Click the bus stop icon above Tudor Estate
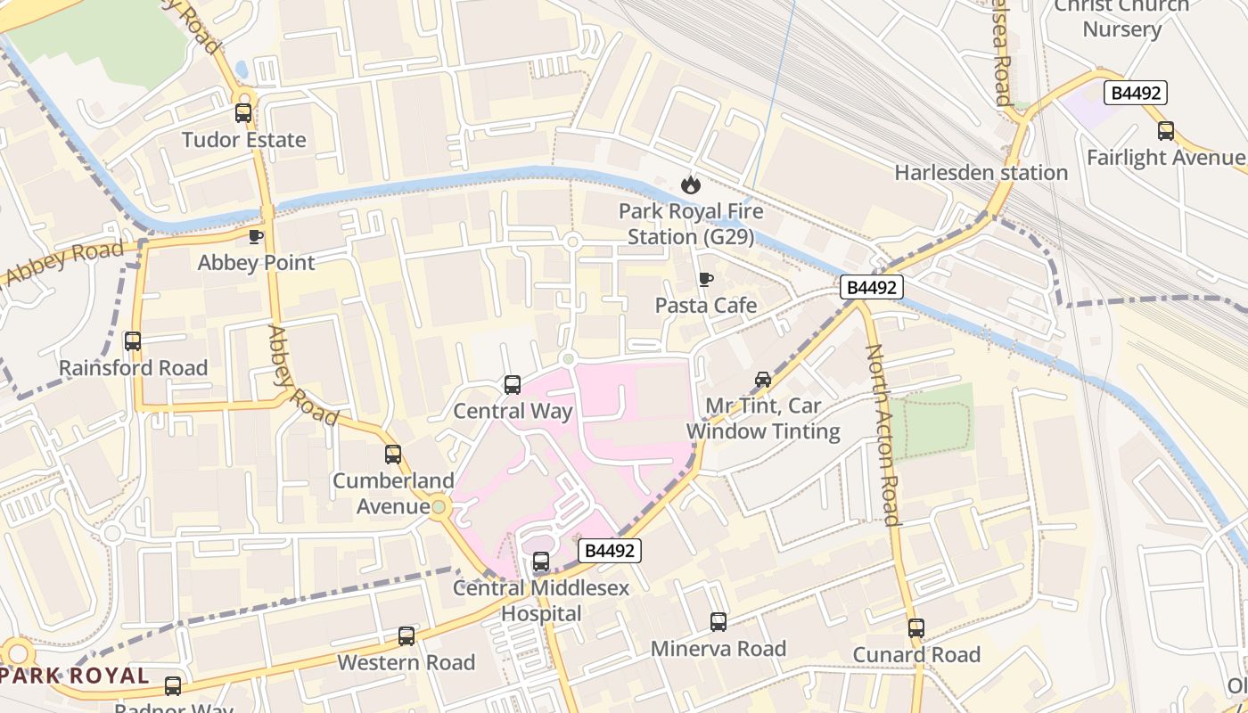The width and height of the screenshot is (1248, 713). coord(243,113)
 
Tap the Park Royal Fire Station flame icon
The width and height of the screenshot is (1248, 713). coord(691,185)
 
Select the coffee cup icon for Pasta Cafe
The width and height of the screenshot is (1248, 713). coord(706,280)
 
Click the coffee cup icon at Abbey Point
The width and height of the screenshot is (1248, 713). coord(256,237)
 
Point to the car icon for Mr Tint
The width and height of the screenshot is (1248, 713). coord(763,380)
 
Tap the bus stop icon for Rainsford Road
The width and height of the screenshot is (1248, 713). coord(133,341)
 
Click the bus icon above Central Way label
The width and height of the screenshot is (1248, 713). coord(513,385)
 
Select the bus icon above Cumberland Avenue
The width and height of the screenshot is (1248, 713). coord(393,455)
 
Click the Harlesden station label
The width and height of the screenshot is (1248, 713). coord(981,173)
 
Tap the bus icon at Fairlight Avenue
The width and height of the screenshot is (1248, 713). coord(1166,132)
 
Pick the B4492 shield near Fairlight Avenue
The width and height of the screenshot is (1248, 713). coord(1135,93)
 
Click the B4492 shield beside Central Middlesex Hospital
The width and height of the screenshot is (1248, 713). coord(610,551)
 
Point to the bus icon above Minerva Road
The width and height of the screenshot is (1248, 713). coord(718,622)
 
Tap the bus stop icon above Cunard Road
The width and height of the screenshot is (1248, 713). coord(916,628)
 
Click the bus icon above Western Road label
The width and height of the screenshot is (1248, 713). coord(406,636)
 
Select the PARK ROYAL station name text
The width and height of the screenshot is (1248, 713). coord(75,675)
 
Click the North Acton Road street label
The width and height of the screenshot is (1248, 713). coord(882,435)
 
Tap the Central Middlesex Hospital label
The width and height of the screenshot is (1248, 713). coord(541,601)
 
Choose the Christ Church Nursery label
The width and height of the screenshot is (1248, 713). coord(1121,18)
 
